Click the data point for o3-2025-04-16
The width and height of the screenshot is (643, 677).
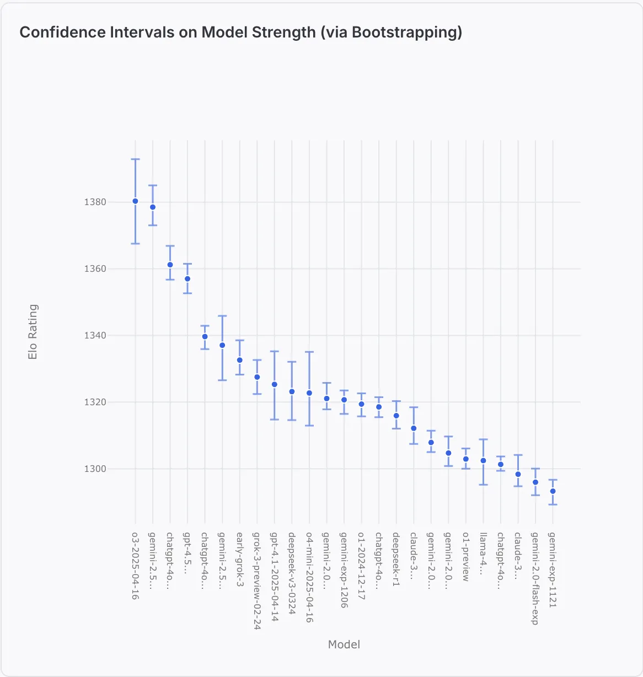(135, 201)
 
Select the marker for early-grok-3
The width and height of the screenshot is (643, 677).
(240, 360)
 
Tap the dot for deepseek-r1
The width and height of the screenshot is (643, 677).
(396, 416)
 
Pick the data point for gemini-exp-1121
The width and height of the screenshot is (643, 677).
(553, 491)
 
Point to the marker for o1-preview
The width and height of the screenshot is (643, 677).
(466, 459)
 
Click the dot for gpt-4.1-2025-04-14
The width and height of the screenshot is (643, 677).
(275, 384)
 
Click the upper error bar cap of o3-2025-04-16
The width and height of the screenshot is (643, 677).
(135, 159)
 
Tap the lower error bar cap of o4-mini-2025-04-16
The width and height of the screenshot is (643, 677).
(309, 426)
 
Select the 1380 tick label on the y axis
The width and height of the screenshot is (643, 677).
(95, 202)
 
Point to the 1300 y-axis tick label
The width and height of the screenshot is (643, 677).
(95, 469)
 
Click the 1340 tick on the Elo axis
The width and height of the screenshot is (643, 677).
(95, 336)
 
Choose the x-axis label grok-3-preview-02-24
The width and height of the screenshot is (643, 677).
(257, 581)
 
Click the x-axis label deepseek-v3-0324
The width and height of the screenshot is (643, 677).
(292, 573)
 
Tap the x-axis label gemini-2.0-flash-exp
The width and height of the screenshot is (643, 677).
(535, 578)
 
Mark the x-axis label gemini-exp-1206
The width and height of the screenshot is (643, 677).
(344, 570)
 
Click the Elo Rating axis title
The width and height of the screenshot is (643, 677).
(33, 332)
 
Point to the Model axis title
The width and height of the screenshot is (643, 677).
(344, 644)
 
